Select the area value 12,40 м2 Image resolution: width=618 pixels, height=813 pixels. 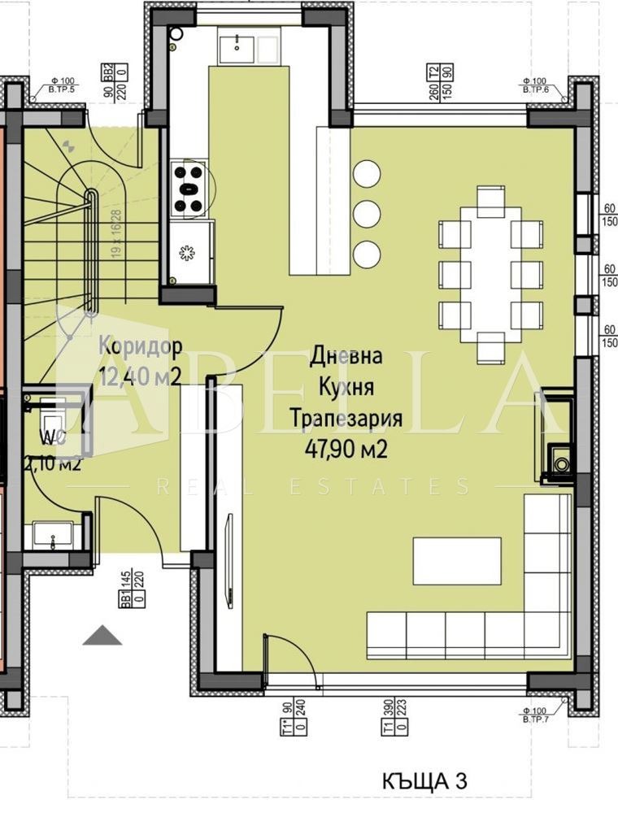pyautogui.click(x=139, y=376)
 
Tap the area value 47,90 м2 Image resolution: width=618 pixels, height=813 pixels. pyautogui.click(x=346, y=449)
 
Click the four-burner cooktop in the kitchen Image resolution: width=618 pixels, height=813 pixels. pyautogui.click(x=189, y=188)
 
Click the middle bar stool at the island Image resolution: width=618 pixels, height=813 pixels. pyautogui.click(x=368, y=214)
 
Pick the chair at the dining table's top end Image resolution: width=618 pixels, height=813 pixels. pyautogui.click(x=490, y=200)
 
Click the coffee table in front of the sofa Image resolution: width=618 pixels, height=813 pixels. pyautogui.click(x=456, y=560)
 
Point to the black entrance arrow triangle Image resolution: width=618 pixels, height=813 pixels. pyautogui.click(x=102, y=636)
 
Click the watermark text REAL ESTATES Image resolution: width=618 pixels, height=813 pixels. pyautogui.click(x=312, y=487)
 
